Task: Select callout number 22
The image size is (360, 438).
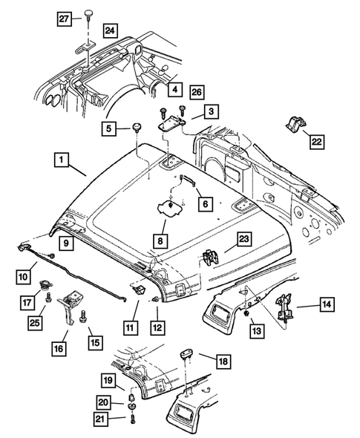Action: point(317,140)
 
